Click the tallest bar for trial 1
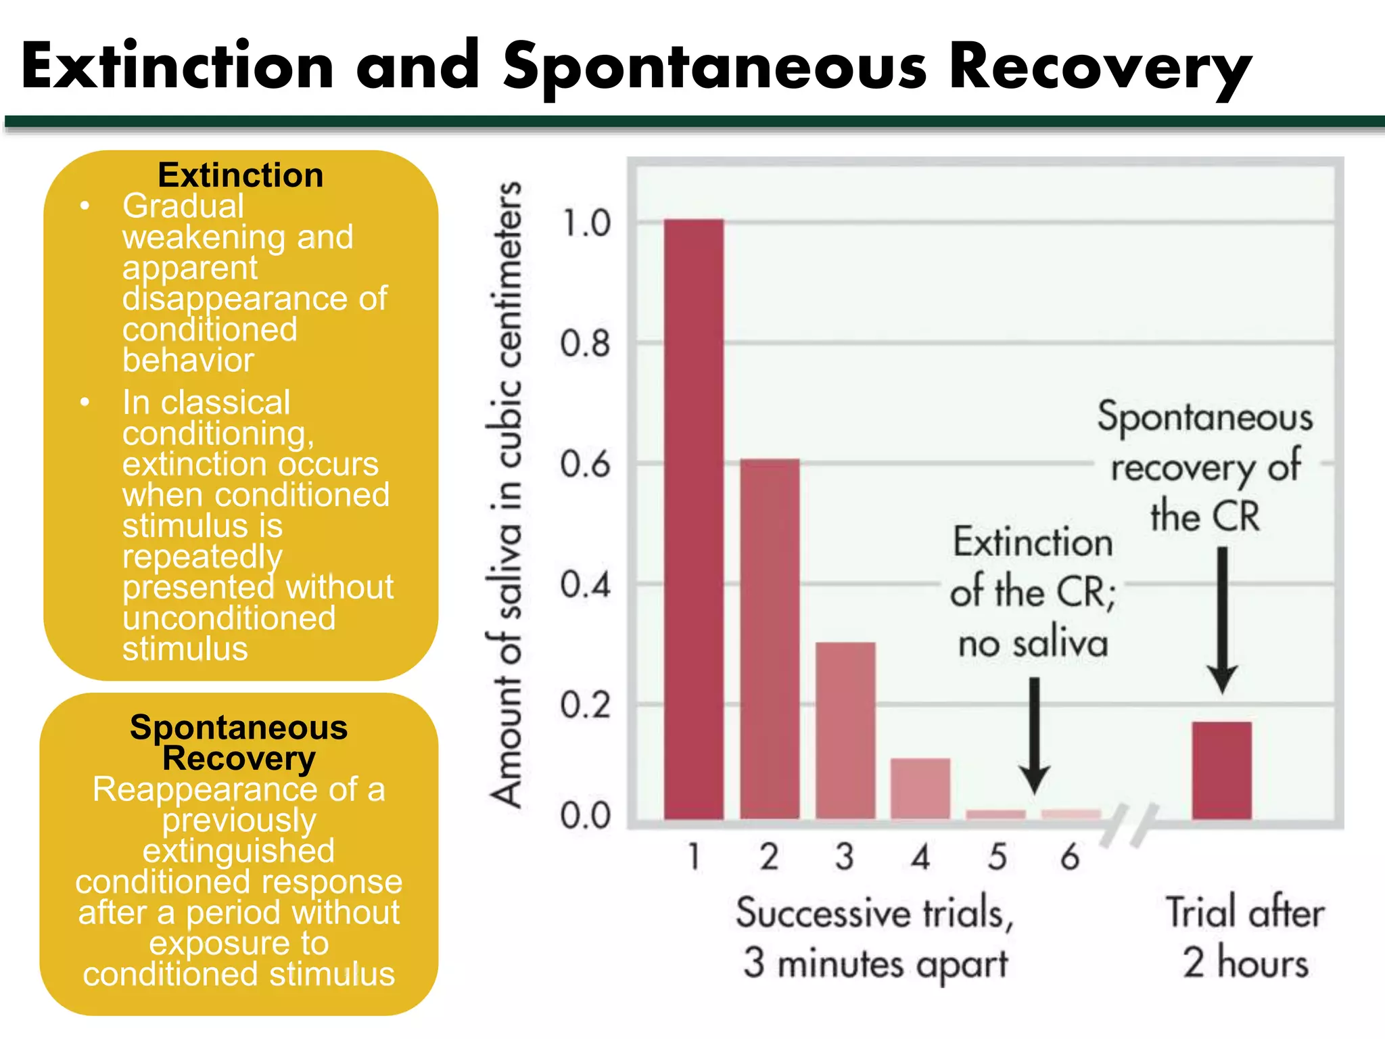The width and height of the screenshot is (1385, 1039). click(x=693, y=519)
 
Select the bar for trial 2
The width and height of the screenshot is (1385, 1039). click(x=770, y=639)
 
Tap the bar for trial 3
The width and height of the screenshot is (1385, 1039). click(x=845, y=731)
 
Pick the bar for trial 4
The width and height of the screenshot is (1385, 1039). click(x=920, y=788)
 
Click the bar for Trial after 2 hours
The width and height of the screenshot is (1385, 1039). click(x=1221, y=770)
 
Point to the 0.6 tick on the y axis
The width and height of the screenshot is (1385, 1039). click(x=586, y=465)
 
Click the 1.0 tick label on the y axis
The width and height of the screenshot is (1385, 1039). click(x=586, y=224)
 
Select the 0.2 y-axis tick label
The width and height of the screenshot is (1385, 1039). click(x=586, y=706)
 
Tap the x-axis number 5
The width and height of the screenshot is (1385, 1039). click(x=997, y=856)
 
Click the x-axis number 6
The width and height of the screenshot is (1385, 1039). click(x=1070, y=856)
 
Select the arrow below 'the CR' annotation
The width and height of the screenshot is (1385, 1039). click(x=1222, y=619)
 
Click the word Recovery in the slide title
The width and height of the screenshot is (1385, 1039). click(x=1100, y=68)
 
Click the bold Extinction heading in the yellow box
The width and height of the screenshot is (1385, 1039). click(x=240, y=175)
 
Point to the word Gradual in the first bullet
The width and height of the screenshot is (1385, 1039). click(x=183, y=206)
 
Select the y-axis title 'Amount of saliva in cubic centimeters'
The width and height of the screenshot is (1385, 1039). click(x=506, y=494)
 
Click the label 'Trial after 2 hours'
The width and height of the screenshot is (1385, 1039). click(x=1245, y=937)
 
